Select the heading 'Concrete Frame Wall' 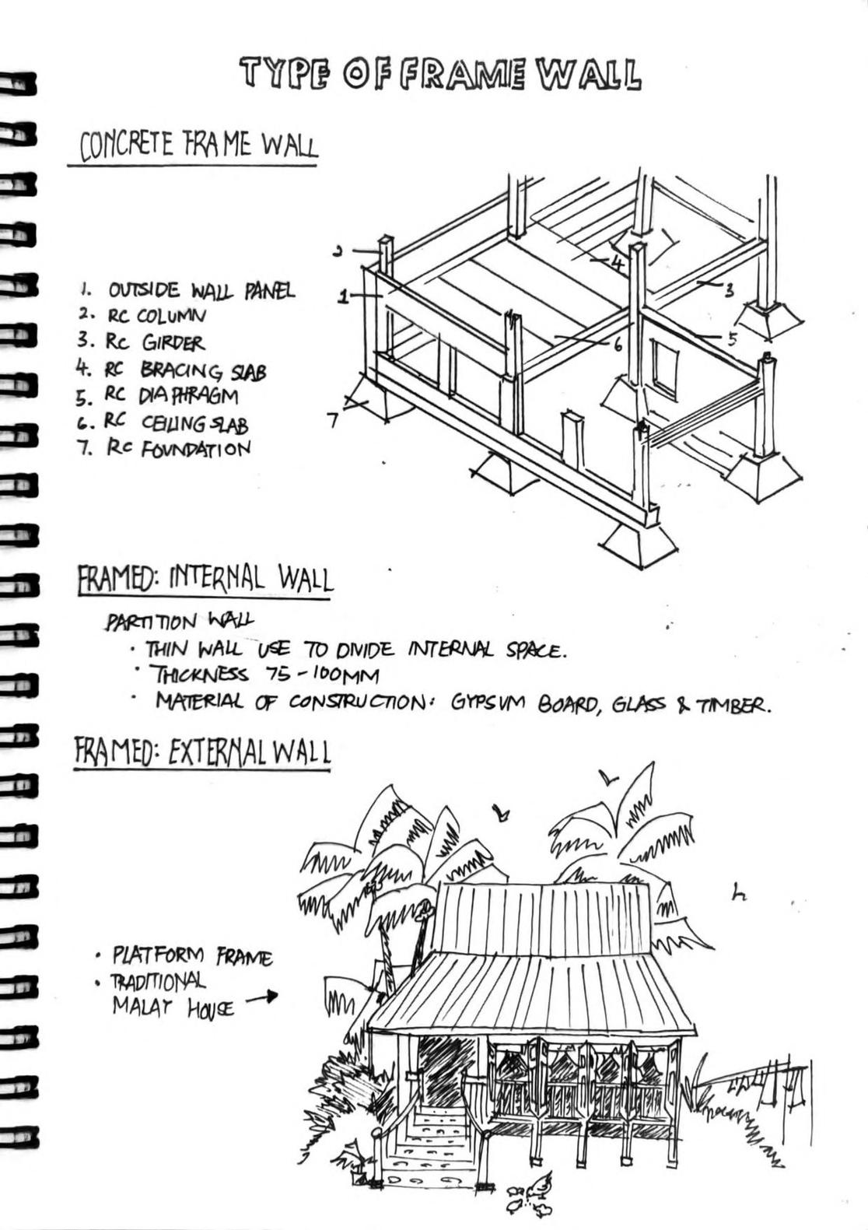point(198,145)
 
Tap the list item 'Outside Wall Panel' point(201,291)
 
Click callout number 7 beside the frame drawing point(332,421)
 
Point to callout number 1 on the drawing point(341,296)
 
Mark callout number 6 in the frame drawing point(618,345)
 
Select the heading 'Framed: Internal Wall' point(205,580)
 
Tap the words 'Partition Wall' point(180,621)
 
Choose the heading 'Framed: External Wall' point(202,752)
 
